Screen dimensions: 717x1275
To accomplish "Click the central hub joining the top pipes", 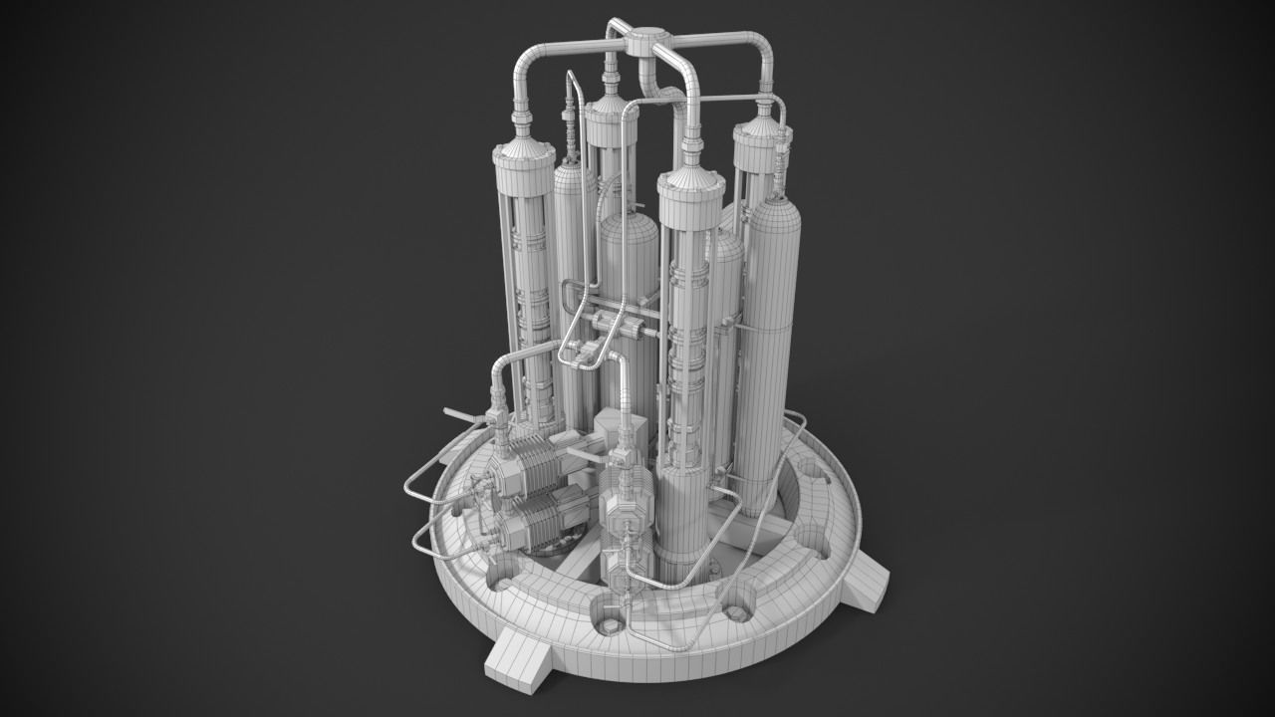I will pyautogui.click(x=642, y=41).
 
